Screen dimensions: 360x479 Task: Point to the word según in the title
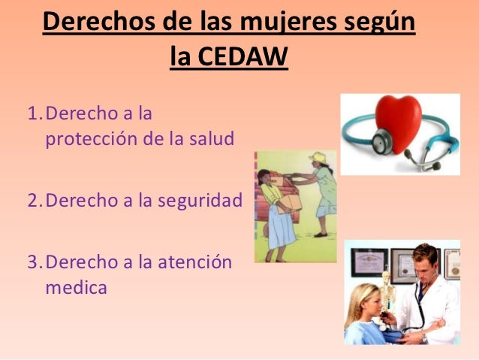pos(377,23)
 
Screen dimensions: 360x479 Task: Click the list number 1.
pos(32,115)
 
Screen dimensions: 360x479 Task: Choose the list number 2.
pos(32,201)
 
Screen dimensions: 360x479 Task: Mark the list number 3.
pos(32,262)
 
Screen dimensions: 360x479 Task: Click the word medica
pos(77,287)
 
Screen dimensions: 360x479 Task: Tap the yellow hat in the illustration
pos(318,157)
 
